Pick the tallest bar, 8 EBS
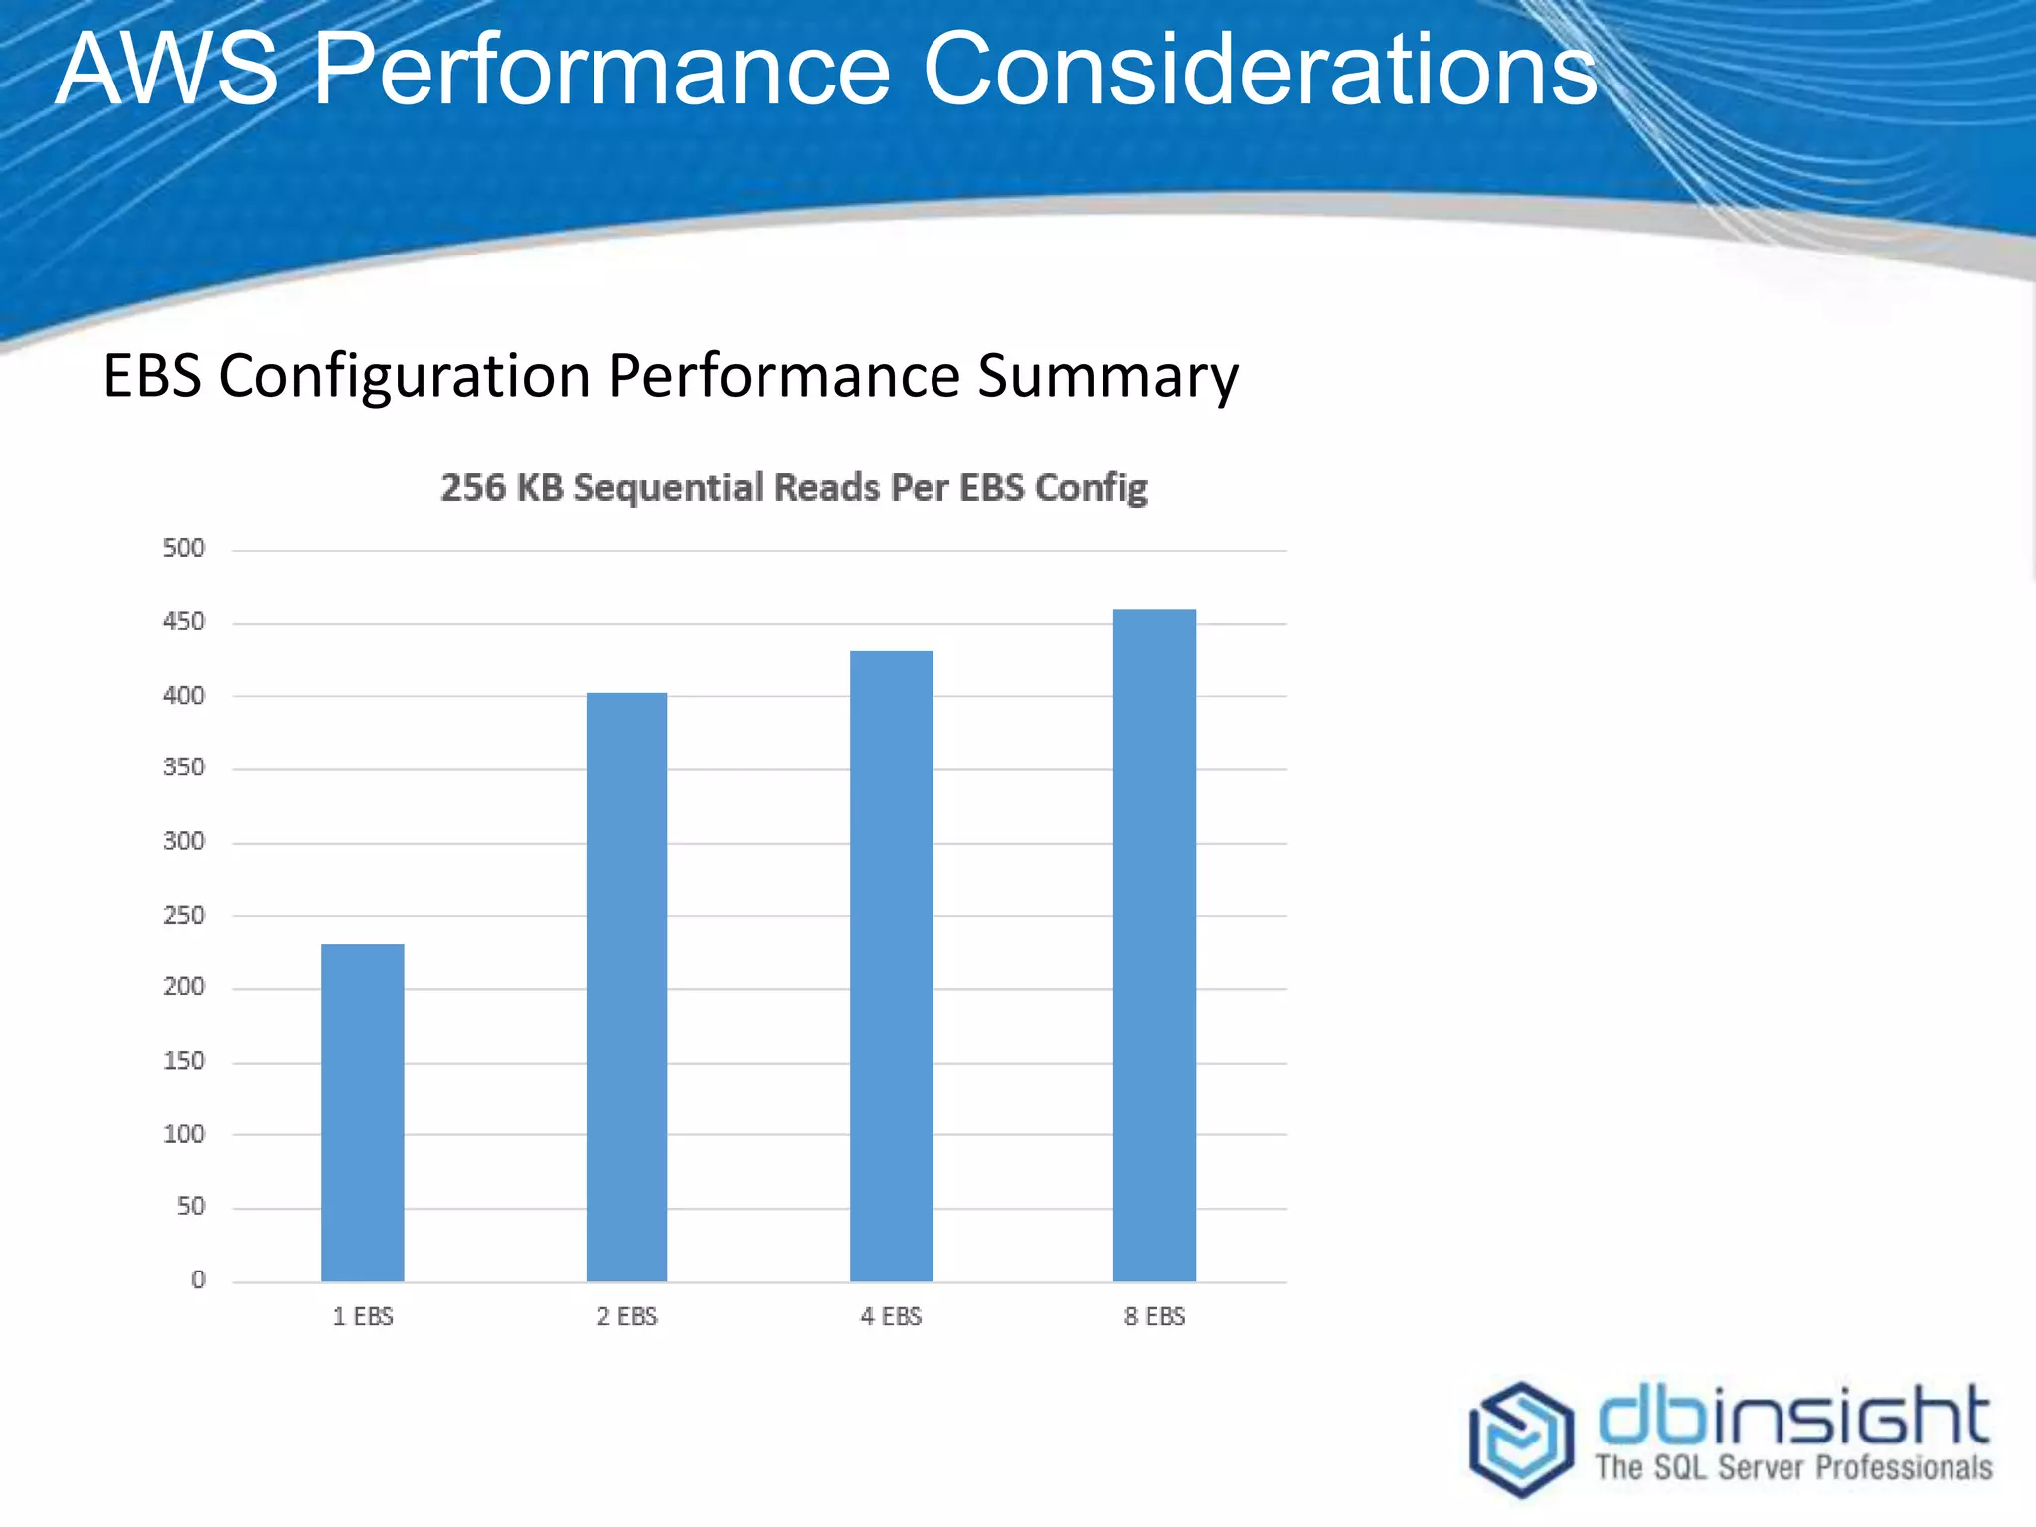(1154, 944)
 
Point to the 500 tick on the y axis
(184, 548)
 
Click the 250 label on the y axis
(184, 915)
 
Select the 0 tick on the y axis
(198, 1280)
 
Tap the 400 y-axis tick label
(184, 695)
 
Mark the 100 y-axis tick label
(184, 1134)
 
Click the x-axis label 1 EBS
(363, 1317)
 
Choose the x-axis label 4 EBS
(891, 1317)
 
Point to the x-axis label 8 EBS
(1154, 1317)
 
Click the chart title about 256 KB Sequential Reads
(793, 488)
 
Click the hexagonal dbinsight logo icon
(1521, 1438)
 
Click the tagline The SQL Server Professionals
(1792, 1467)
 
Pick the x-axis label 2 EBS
(627, 1317)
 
